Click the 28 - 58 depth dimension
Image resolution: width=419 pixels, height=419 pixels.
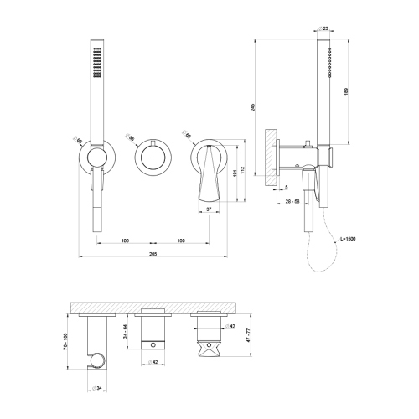click(292, 203)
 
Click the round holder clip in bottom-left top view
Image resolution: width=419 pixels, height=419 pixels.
click(99, 363)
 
